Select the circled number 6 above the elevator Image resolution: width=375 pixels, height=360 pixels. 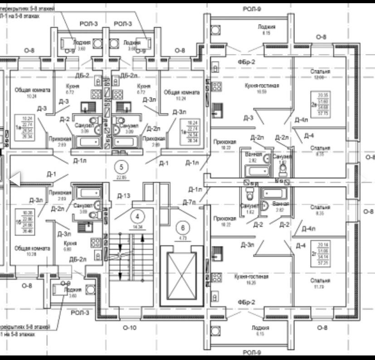point(183,227)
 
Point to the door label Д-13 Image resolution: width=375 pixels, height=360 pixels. point(124,196)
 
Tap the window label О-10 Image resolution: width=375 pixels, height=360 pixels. point(130,327)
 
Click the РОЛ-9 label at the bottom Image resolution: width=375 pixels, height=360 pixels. point(250,352)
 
